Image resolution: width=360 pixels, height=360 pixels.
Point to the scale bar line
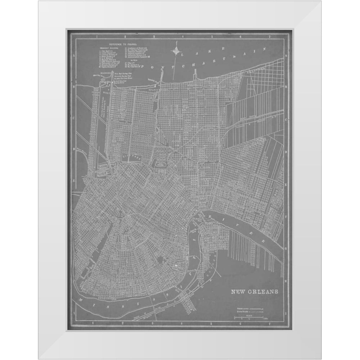point(252,316)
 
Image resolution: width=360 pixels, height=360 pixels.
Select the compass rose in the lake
point(177,51)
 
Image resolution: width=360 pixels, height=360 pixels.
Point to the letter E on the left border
point(73,181)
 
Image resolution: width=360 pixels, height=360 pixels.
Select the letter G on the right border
point(286,248)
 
